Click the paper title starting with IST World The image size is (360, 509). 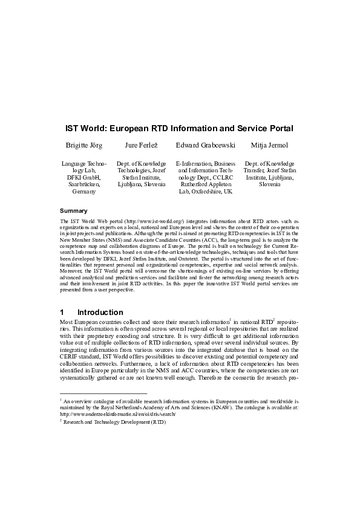tap(180, 129)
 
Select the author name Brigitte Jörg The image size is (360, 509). tap(84, 146)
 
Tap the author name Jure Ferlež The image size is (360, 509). tap(140, 146)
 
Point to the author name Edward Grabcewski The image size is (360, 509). tap(205, 146)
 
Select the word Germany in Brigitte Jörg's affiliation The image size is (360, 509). tap(84, 191)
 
